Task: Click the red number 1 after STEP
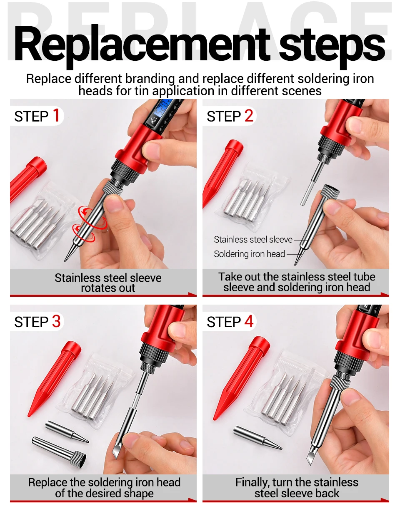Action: [x=56, y=115]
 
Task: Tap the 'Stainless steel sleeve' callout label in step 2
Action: [x=253, y=240]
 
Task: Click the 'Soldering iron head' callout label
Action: [x=250, y=254]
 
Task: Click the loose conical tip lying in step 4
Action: [x=257, y=438]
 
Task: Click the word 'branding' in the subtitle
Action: [x=150, y=79]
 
